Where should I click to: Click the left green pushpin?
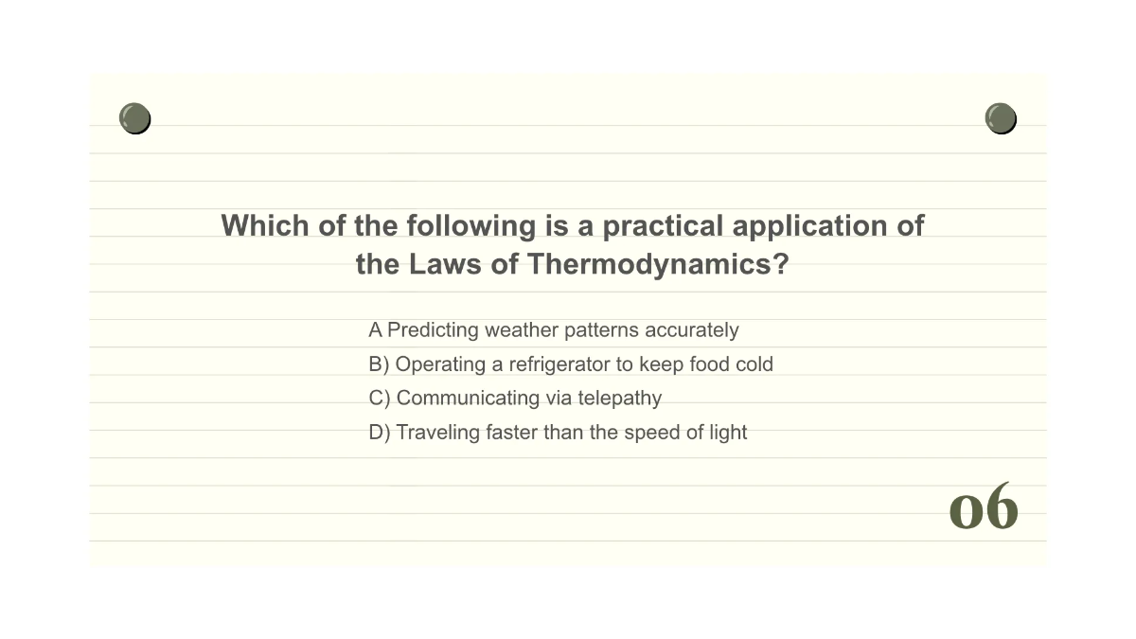(134, 118)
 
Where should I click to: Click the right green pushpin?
(1001, 118)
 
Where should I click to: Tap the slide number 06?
(984, 506)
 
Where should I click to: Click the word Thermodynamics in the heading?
(658, 264)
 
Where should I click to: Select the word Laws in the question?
(445, 264)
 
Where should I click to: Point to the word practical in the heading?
(663, 225)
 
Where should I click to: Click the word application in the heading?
(809, 225)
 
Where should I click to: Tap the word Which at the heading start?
(265, 225)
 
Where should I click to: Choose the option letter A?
(375, 330)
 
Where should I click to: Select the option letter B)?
(379, 364)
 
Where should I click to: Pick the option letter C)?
(380, 399)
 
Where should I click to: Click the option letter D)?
(380, 433)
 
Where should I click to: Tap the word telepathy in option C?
(620, 399)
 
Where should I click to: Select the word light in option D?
(728, 433)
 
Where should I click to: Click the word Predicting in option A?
(433, 330)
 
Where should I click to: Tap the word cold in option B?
(754, 364)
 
